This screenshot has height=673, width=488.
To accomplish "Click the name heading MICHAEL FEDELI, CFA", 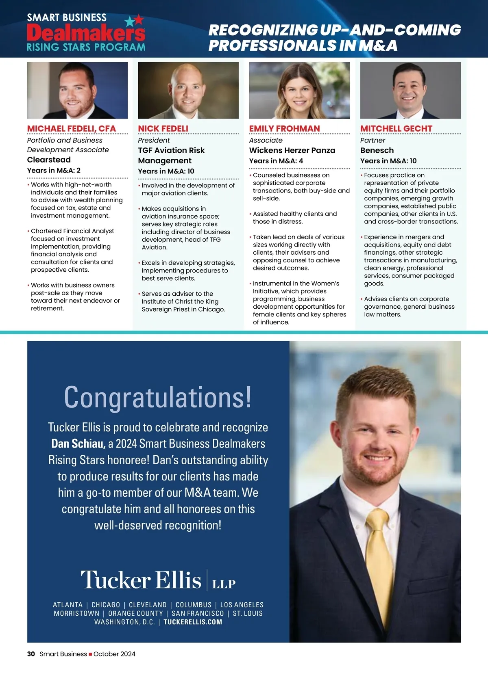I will (x=72, y=128).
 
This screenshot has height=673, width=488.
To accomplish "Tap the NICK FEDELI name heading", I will (x=163, y=128).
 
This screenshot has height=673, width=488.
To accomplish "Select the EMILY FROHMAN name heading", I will (x=284, y=128).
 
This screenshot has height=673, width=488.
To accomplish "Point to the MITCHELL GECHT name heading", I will (x=396, y=128).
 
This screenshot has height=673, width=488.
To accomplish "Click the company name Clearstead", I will (x=49, y=160).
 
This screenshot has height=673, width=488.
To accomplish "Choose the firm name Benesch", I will (x=377, y=150).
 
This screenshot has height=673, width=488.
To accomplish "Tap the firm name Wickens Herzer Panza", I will (x=292, y=150).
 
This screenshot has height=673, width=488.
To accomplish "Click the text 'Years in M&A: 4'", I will (x=276, y=161).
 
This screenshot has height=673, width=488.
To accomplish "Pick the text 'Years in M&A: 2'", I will (x=54, y=170).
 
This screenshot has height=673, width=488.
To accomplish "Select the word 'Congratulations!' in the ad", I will (x=158, y=397).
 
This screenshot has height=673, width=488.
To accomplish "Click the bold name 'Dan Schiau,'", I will (x=78, y=444).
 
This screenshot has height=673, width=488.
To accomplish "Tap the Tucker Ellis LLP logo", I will (x=158, y=580).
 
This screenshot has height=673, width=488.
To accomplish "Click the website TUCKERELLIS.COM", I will (x=193, y=622).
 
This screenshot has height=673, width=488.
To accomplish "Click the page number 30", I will (x=31, y=654).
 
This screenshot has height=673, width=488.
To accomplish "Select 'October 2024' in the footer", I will (x=114, y=654).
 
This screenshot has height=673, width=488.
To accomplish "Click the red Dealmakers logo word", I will (x=86, y=32).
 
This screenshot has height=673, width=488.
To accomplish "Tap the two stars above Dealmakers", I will (x=134, y=20).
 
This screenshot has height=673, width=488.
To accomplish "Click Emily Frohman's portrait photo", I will (x=299, y=90).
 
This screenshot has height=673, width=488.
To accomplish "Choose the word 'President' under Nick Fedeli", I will (x=154, y=140).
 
